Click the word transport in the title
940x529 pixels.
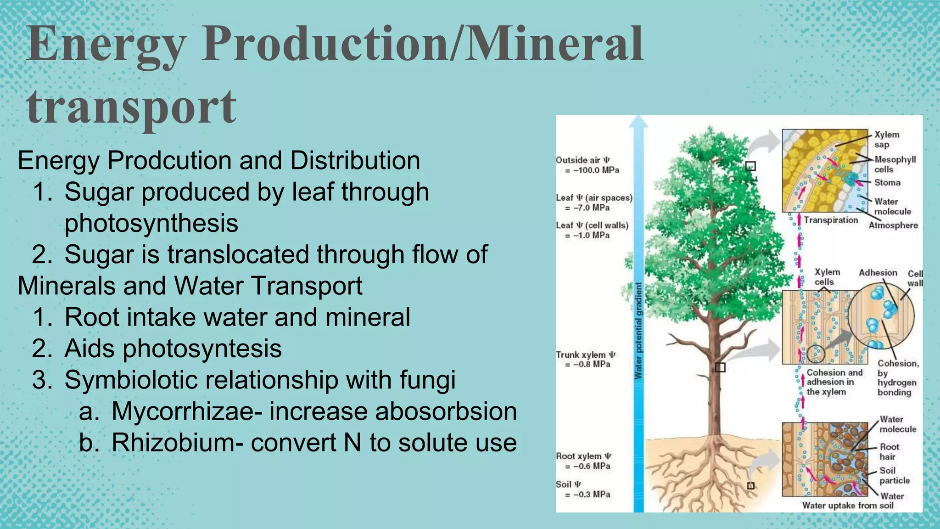pyautogui.click(x=131, y=108)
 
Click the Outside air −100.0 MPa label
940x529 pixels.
pyautogui.click(x=587, y=165)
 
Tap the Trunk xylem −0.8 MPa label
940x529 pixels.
pyautogui.click(x=585, y=360)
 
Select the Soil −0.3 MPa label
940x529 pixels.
pyautogui.click(x=583, y=490)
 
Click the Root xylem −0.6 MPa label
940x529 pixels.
pyautogui.click(x=583, y=461)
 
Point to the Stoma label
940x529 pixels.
pyautogui.click(x=887, y=183)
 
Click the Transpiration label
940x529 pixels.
pyautogui.click(x=830, y=220)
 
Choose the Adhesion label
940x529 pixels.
pyautogui.click(x=878, y=273)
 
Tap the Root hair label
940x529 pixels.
pyautogui.click(x=889, y=452)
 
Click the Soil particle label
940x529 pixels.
pyautogui.click(x=894, y=476)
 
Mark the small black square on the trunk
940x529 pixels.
pyautogui.click(x=720, y=367)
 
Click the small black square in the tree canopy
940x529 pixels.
pyautogui.click(x=750, y=166)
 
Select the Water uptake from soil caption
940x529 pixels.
pyautogui.click(x=847, y=506)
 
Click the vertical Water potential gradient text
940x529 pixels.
pyautogui.click(x=638, y=331)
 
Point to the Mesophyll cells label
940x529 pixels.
pyautogui.click(x=894, y=164)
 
